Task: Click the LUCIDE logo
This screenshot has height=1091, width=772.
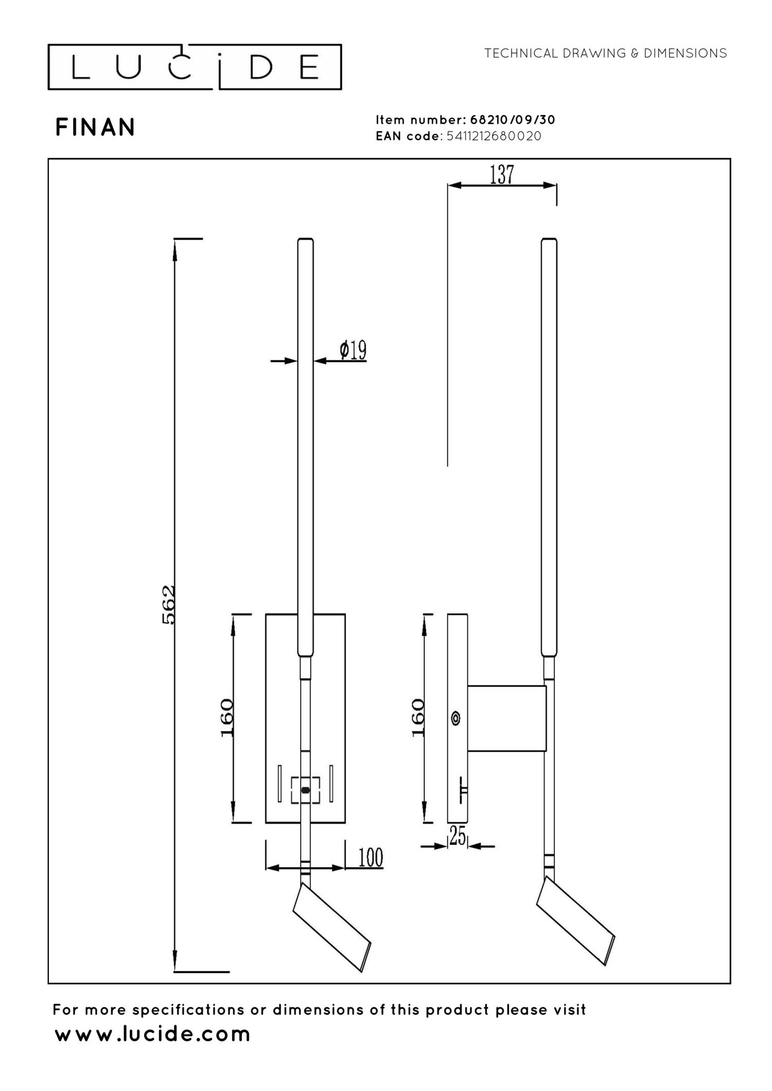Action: coord(195,67)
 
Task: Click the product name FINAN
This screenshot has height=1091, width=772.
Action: coord(95,128)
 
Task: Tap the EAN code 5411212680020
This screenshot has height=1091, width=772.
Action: coord(494,136)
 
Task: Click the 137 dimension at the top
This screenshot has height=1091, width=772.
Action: coord(502,175)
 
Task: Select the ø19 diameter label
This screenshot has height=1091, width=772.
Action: coord(353,351)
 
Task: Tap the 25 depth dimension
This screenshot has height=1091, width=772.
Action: coord(457,836)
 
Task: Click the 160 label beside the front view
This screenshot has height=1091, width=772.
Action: coord(227,718)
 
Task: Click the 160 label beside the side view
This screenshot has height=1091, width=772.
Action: coord(419,718)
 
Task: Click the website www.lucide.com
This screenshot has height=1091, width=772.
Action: coord(152,1034)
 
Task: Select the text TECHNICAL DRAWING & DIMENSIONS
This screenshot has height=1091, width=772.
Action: coord(605,53)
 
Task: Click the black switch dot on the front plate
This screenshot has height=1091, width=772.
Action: coord(305,790)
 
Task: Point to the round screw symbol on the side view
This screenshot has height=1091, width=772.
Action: coord(455,718)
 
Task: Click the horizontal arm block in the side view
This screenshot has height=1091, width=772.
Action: coord(506,718)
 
